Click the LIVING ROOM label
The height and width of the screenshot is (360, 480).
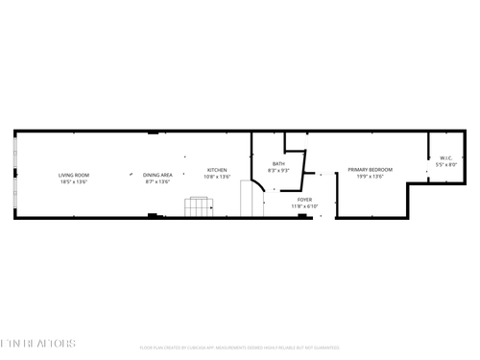click(x=74, y=175)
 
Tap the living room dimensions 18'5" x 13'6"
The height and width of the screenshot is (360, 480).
click(x=74, y=181)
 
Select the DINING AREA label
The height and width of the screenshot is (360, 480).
click(x=157, y=175)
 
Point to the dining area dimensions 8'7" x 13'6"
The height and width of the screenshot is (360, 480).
click(x=157, y=181)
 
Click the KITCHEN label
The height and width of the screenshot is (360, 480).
click(x=217, y=170)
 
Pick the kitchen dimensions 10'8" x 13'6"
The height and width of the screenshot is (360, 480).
click(x=217, y=177)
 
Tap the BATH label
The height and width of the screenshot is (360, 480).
click(x=278, y=163)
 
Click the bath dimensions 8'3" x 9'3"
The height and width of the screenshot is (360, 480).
click(x=278, y=170)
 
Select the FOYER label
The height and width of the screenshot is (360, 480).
click(x=303, y=199)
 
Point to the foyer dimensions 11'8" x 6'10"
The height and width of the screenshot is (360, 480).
click(x=303, y=205)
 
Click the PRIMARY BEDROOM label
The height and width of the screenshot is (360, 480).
click(x=370, y=170)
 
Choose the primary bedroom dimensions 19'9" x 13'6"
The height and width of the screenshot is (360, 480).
click(x=370, y=177)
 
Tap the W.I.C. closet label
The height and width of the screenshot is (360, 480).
click(x=446, y=157)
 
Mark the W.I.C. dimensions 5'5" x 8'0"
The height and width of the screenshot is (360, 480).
click(x=446, y=164)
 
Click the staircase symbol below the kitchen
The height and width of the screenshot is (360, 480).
click(x=198, y=207)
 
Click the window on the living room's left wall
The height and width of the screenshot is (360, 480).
click(x=13, y=174)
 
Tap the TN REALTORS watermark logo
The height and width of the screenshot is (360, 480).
click(x=38, y=343)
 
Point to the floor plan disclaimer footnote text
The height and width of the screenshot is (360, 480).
click(x=239, y=348)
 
